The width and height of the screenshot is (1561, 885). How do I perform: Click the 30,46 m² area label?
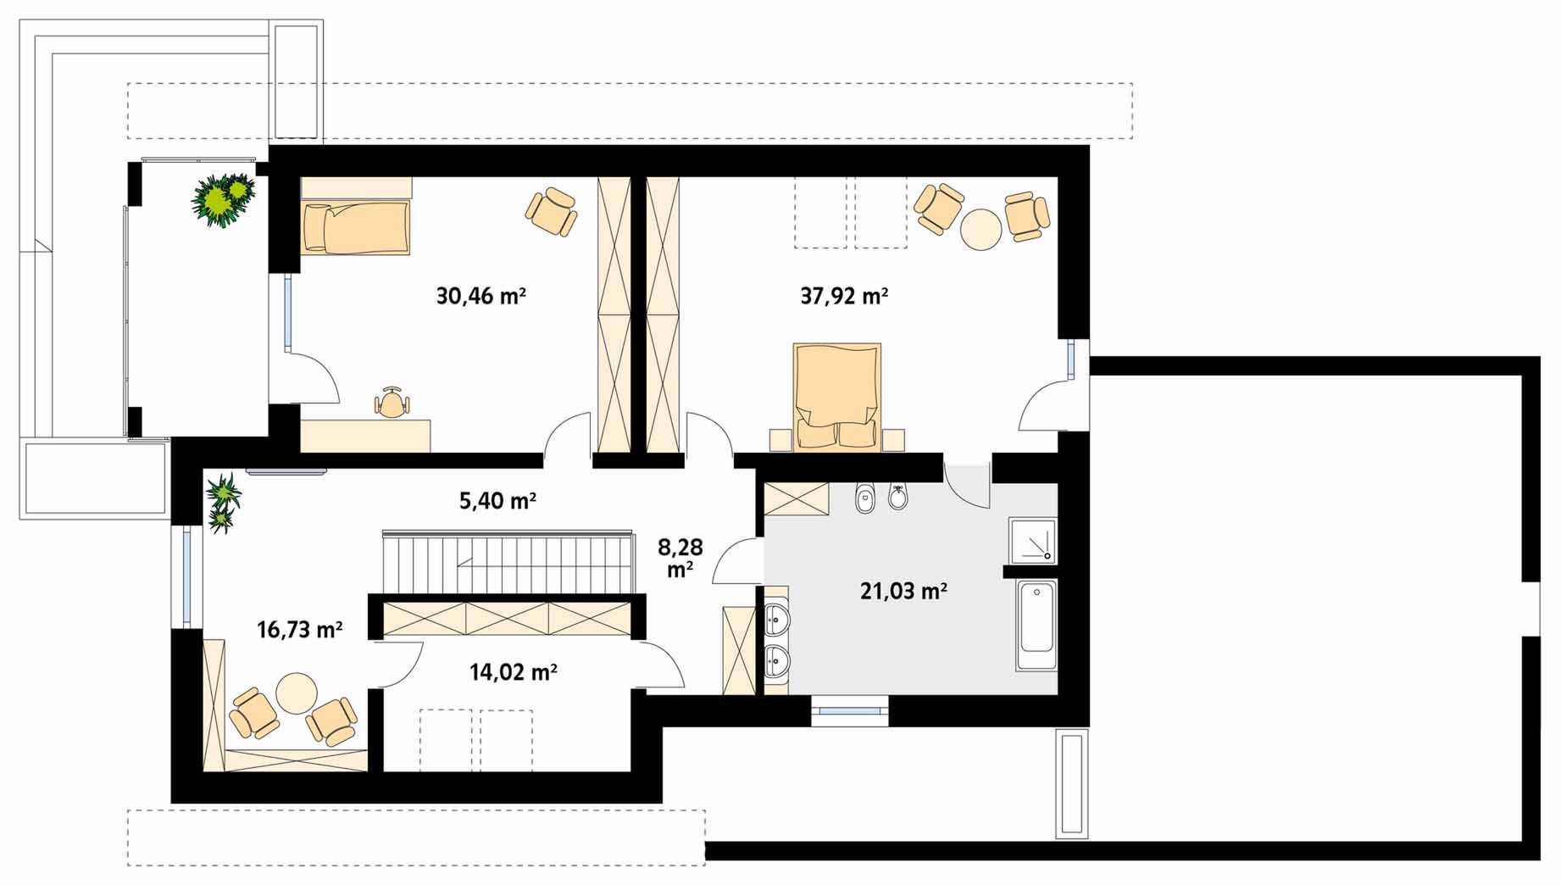(481, 296)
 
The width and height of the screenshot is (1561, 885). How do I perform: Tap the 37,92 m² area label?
(844, 296)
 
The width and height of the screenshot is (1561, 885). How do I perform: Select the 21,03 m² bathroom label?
(903, 590)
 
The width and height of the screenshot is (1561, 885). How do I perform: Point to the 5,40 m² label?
(497, 501)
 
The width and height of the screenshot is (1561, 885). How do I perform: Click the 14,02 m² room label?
(513, 672)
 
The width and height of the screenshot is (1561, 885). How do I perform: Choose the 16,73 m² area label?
(299, 629)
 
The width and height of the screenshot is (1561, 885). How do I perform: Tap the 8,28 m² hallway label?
(680, 558)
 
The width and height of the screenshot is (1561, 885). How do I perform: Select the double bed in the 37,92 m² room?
(837, 395)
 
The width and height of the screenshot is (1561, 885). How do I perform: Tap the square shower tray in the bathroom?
(1033, 541)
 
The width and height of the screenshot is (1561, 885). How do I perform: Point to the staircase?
(508, 563)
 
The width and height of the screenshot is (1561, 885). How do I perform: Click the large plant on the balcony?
(223, 200)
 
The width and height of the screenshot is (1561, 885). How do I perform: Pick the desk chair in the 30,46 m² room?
(391, 404)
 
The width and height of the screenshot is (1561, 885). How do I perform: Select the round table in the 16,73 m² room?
(297, 693)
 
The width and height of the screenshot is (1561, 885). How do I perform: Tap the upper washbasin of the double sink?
(775, 620)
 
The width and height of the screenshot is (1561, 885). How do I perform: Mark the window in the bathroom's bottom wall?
(850, 710)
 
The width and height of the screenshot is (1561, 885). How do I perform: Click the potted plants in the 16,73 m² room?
(222, 503)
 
